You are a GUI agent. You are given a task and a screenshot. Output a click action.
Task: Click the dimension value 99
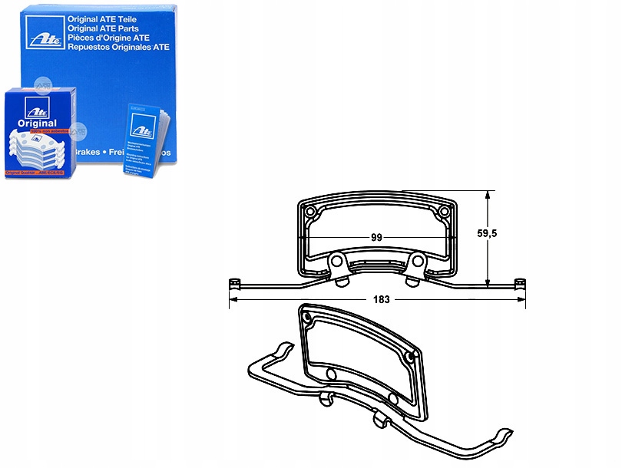pos(376,237)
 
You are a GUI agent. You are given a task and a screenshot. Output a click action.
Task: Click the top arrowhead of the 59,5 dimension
pos(487,193)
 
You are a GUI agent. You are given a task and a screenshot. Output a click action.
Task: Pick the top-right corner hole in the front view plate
pos(443,210)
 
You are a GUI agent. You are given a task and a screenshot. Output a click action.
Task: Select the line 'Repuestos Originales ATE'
pos(113,45)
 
